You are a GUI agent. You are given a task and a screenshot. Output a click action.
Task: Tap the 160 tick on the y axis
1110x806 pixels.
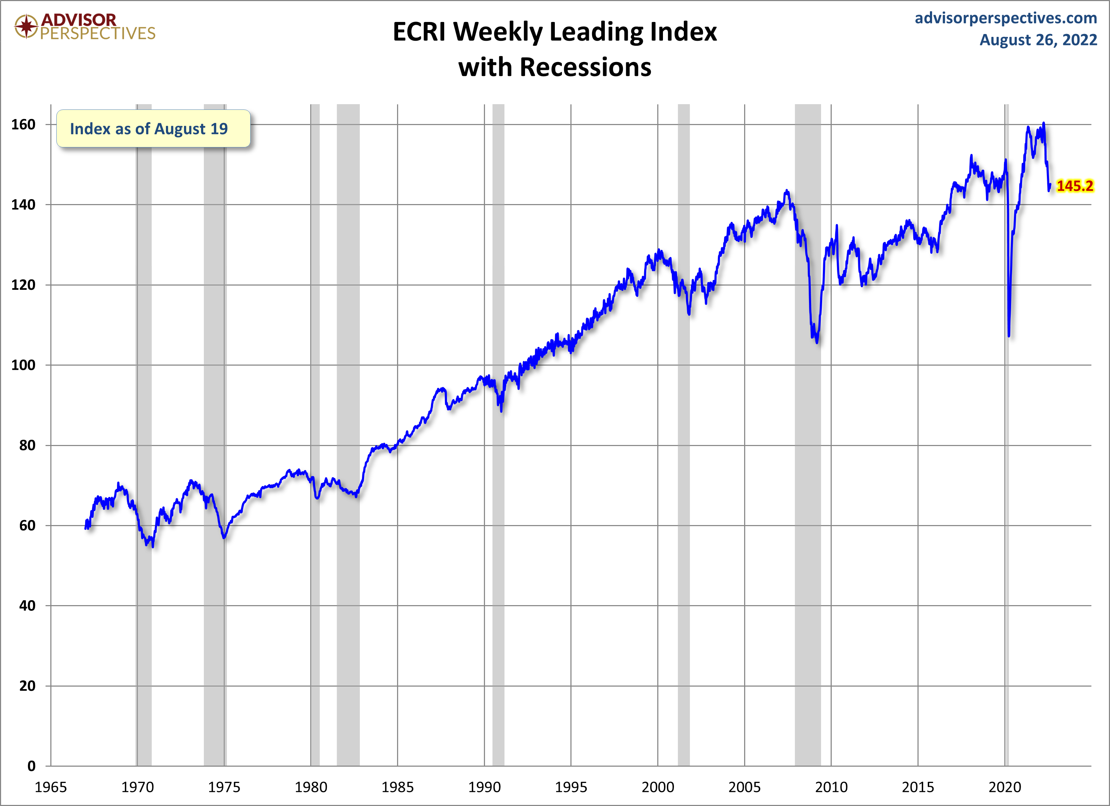coord(23,125)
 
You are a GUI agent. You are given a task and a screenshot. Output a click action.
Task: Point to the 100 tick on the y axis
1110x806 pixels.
coord(23,365)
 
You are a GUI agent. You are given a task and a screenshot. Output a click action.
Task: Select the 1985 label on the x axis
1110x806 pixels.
coord(397,787)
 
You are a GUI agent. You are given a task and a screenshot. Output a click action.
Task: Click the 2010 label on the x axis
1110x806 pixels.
coord(831,787)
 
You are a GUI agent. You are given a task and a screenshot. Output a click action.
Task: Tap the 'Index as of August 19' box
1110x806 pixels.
coord(153,129)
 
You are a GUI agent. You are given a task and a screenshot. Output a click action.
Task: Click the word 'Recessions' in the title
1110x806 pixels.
coord(585,67)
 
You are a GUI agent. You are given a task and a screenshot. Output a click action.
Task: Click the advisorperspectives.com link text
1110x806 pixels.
coord(1006,18)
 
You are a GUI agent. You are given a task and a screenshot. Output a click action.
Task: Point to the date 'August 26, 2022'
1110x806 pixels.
coord(1038,40)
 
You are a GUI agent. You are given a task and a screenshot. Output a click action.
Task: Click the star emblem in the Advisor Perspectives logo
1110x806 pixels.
coord(26,26)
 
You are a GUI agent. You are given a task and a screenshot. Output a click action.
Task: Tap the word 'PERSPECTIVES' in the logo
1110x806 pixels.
coord(97,34)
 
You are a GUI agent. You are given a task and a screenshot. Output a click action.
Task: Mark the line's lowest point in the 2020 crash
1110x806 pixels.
coord(1009,336)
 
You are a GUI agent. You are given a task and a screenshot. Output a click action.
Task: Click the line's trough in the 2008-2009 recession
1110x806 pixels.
coord(817,342)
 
